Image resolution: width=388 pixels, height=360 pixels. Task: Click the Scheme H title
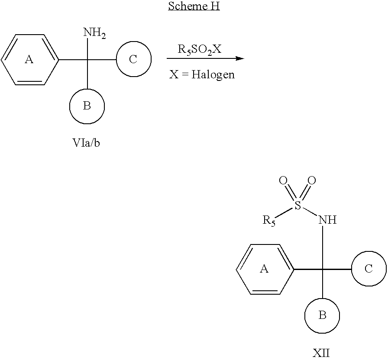[194, 6]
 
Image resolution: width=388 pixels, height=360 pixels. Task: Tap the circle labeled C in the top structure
[134, 59]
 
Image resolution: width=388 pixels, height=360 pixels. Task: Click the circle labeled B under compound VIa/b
[87, 106]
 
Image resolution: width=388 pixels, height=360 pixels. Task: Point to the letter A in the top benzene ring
[29, 60]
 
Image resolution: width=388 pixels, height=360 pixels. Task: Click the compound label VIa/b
[86, 143]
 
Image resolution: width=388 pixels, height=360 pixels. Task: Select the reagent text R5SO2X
[200, 49]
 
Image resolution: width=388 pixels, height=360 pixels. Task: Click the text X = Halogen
[202, 74]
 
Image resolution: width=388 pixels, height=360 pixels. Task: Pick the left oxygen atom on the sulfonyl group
[283, 180]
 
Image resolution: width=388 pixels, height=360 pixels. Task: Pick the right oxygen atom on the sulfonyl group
[312, 180]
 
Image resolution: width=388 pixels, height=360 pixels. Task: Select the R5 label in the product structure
[269, 221]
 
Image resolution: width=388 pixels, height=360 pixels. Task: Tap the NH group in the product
[327, 220]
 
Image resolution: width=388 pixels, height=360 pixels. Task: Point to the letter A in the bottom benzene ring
[264, 269]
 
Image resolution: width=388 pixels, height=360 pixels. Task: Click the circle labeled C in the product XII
[369, 269]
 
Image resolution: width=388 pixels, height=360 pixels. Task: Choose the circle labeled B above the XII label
[322, 315]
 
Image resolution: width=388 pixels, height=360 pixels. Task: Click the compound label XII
[321, 353]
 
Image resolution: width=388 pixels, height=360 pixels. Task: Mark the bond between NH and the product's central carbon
[323, 247]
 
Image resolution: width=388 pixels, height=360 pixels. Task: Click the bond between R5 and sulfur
[284, 212]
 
